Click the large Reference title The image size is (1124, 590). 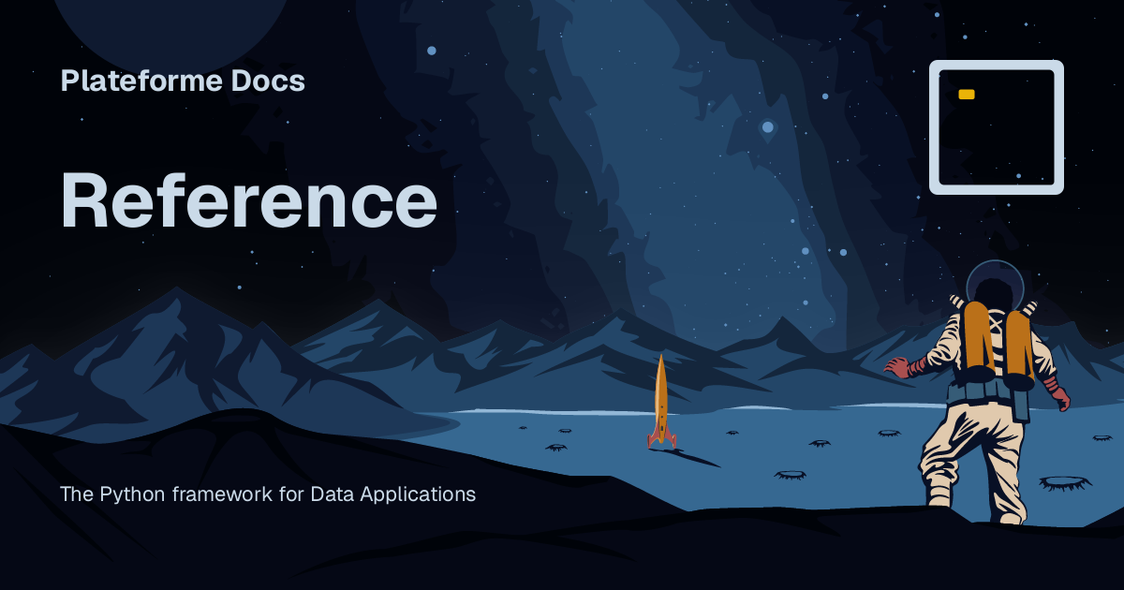248,200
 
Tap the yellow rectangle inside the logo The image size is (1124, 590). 967,95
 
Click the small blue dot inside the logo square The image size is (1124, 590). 1019,174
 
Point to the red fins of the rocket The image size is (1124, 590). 661,437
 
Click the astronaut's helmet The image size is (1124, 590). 994,282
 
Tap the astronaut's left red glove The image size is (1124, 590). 897,367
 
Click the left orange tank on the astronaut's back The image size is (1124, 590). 976,337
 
